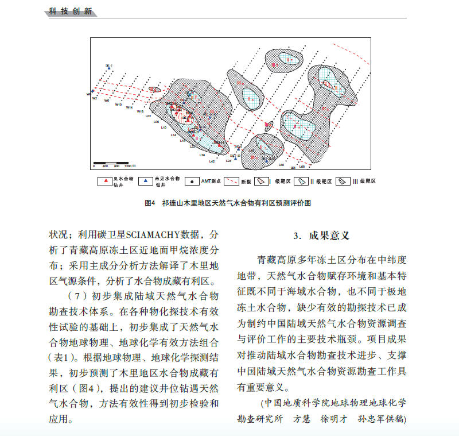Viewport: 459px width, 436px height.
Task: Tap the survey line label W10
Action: (x=118, y=105)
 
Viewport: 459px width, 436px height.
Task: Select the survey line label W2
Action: (x=95, y=98)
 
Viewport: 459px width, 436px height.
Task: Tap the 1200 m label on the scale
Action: (x=128, y=166)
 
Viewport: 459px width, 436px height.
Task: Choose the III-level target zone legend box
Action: (x=343, y=182)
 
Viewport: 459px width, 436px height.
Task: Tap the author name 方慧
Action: (x=302, y=419)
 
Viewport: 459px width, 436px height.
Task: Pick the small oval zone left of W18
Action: (x=155, y=90)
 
